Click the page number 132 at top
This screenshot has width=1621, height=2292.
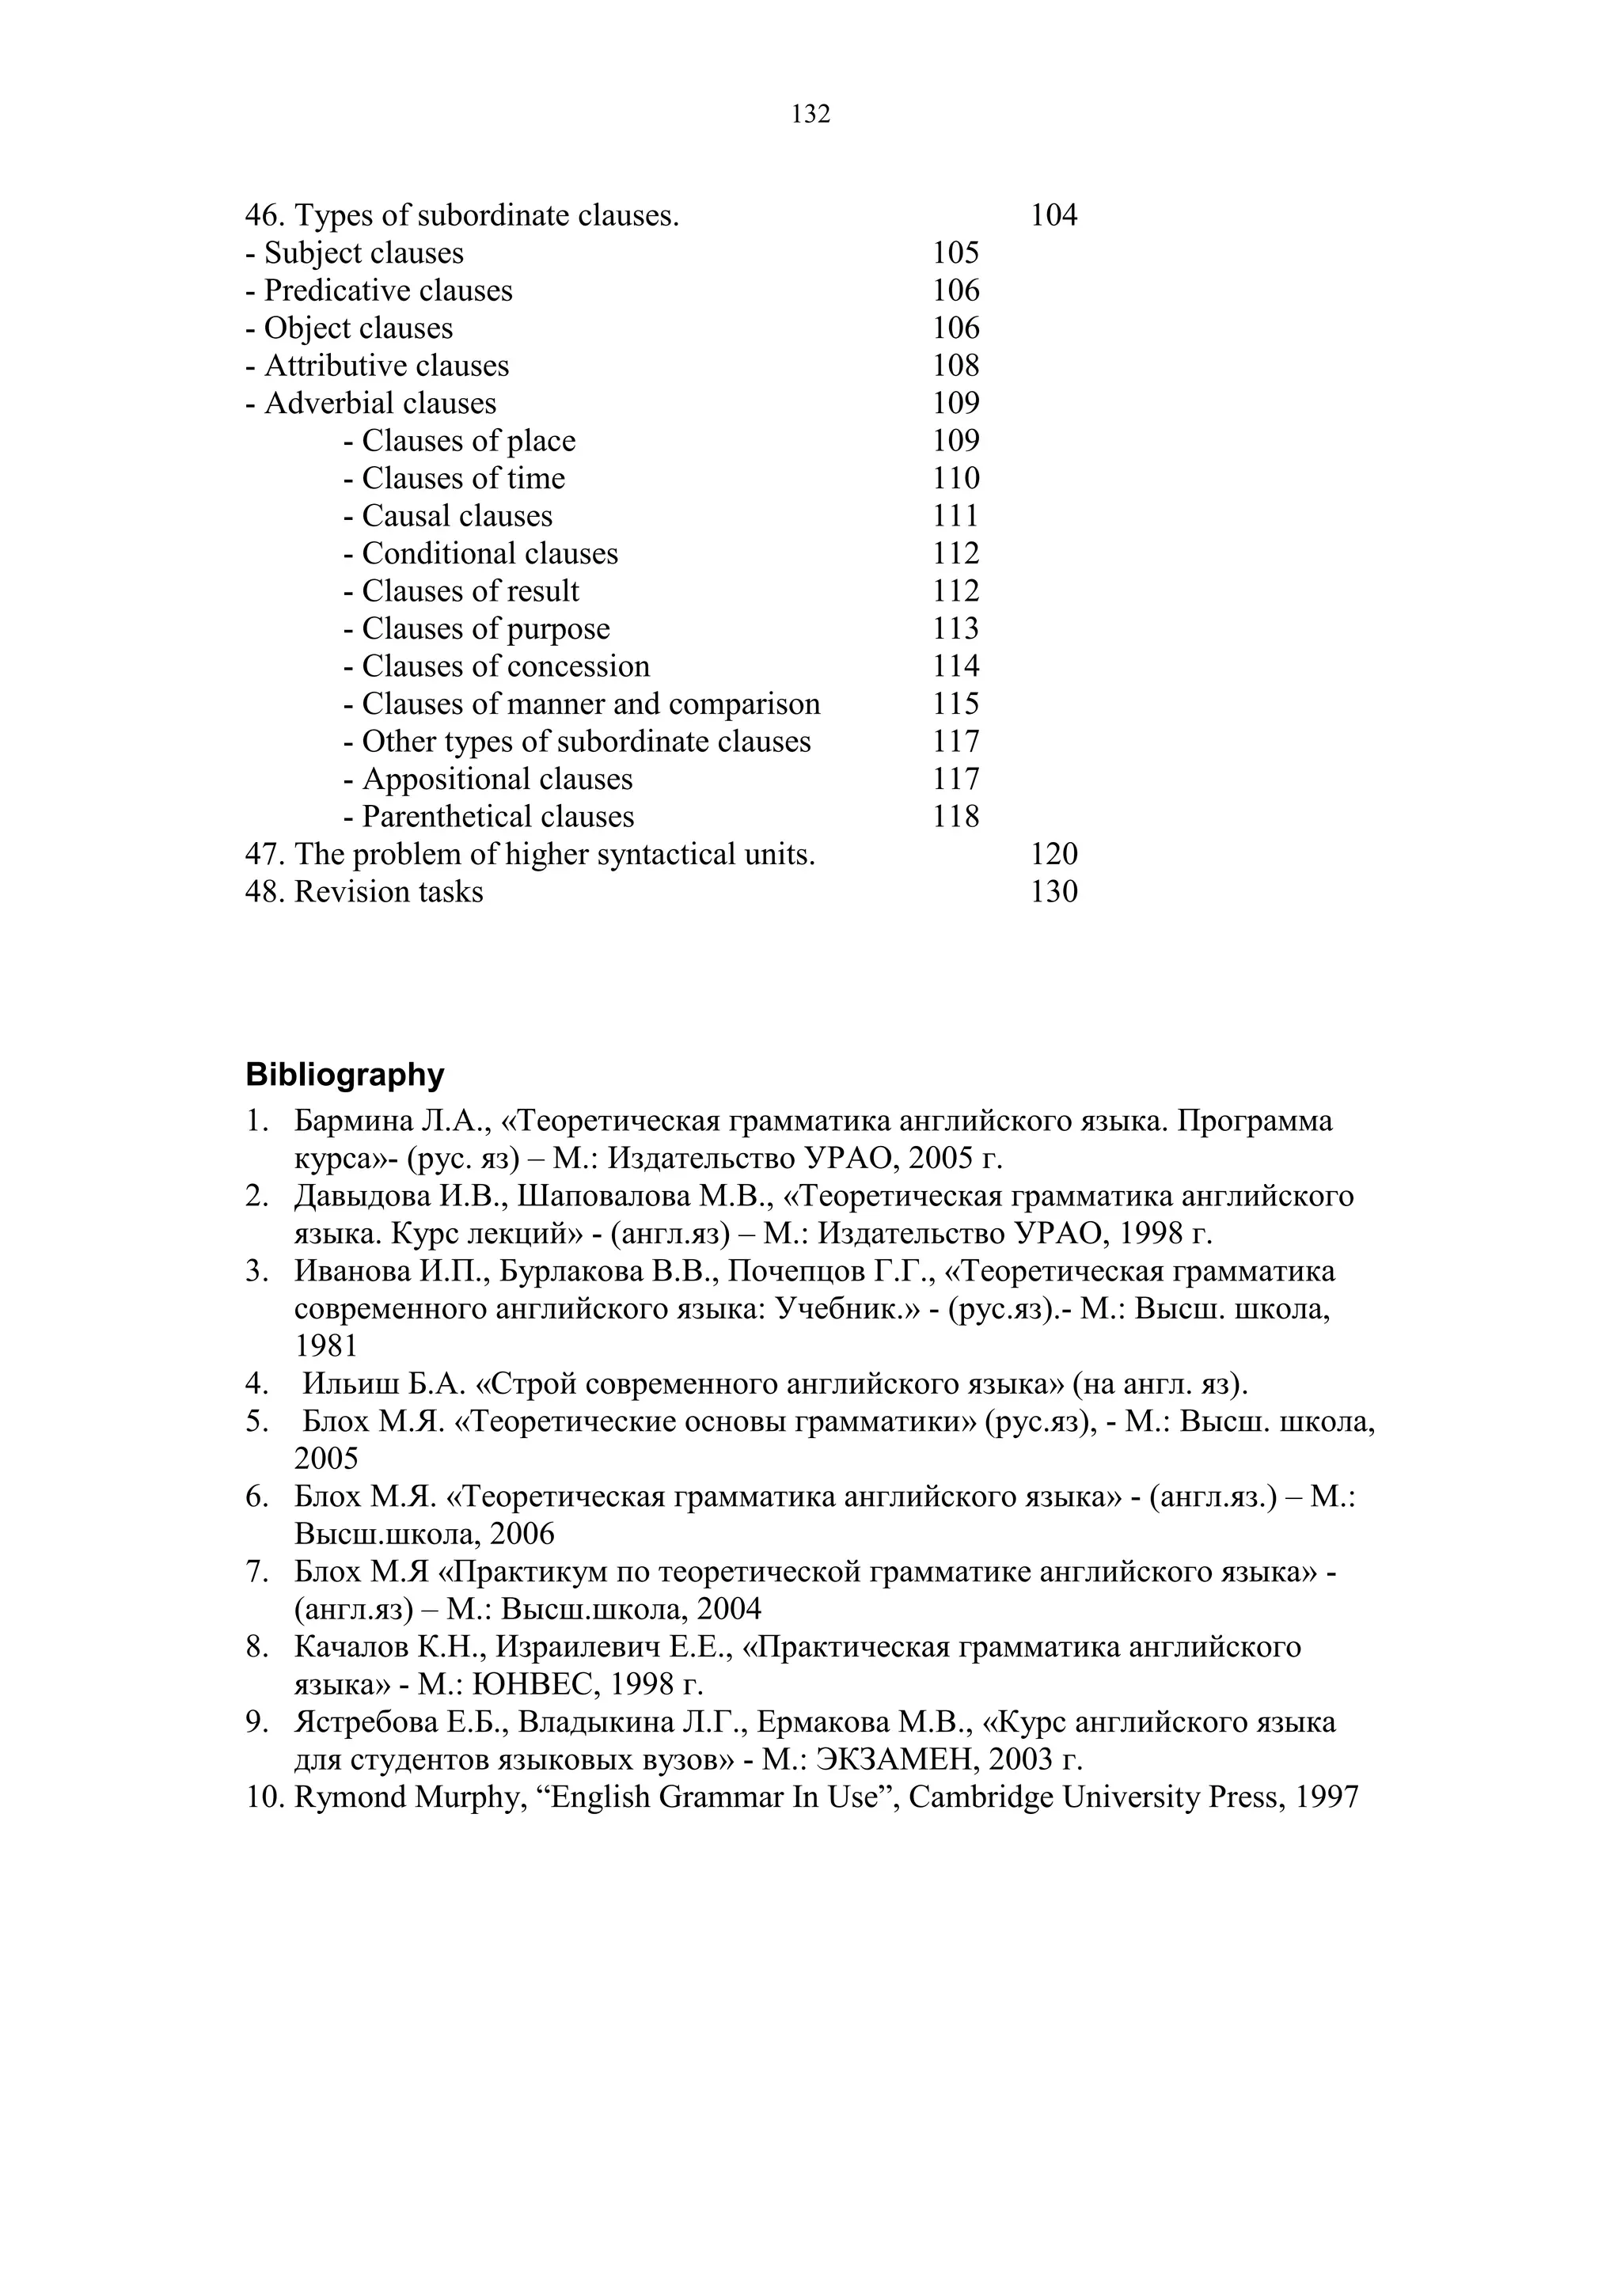(x=810, y=115)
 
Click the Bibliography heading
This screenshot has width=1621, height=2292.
(x=344, y=1075)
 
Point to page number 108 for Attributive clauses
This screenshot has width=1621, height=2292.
(x=955, y=366)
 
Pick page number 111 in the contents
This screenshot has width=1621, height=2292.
(x=955, y=516)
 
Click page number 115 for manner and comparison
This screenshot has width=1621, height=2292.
(x=955, y=704)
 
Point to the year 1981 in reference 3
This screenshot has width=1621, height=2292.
(x=325, y=1347)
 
